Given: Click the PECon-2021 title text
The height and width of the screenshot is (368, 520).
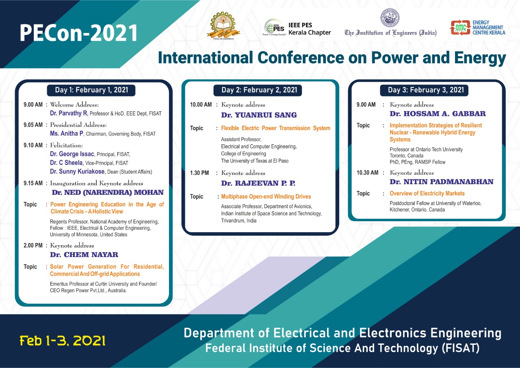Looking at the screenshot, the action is point(79,33).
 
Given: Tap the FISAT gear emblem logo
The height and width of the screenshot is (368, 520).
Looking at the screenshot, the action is point(223,26).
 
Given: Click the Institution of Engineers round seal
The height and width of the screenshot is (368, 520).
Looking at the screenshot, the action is point(390,18).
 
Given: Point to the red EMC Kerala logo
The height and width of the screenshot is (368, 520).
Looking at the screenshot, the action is point(460,28).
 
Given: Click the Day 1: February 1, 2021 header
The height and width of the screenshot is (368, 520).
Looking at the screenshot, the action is point(91,90).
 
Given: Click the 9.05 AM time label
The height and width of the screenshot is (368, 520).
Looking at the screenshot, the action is point(33,125).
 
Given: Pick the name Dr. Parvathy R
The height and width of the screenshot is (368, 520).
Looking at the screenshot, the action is point(69,113).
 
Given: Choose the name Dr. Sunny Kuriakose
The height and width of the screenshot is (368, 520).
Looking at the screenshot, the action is point(77,172).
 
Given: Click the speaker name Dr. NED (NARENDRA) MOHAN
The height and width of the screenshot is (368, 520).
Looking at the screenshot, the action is point(108,192).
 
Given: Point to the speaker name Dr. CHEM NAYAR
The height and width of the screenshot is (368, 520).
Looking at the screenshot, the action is point(84,255).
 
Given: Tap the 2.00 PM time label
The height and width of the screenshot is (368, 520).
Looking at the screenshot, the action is point(33,246).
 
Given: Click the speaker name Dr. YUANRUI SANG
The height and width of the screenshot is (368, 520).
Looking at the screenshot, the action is point(259,115).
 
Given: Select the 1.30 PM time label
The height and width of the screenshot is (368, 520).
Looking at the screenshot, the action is point(199,173).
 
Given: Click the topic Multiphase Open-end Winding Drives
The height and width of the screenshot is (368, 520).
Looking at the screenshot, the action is point(266,196).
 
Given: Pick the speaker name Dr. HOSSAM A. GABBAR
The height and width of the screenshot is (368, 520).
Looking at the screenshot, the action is point(438,113).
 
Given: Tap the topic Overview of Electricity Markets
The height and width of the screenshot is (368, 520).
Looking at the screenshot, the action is point(427,194).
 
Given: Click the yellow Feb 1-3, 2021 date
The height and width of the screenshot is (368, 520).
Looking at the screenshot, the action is point(63,341).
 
